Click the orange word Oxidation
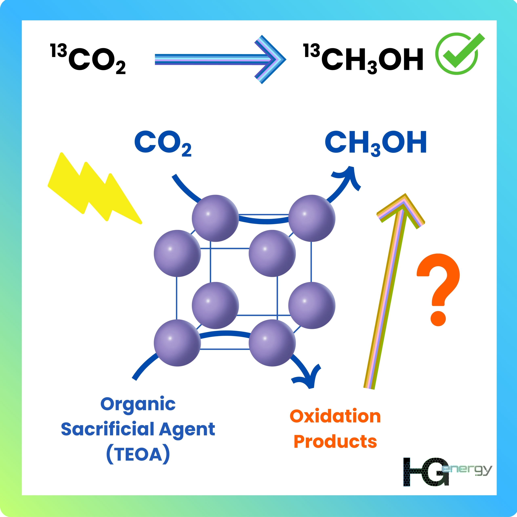tap(335, 417)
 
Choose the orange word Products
tap(335, 441)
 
